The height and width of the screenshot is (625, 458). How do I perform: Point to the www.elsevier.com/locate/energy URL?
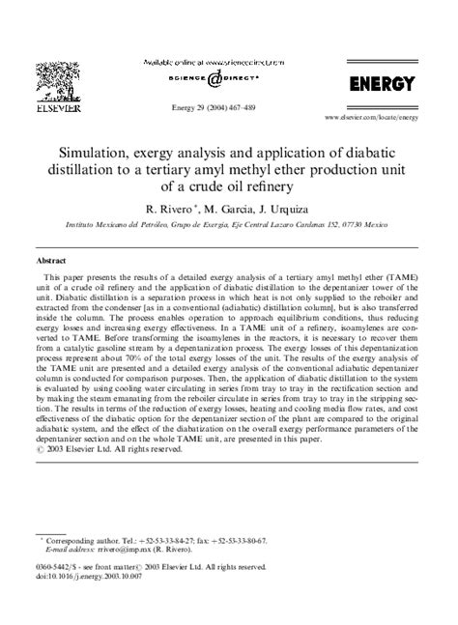pyautogui.click(x=371, y=116)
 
